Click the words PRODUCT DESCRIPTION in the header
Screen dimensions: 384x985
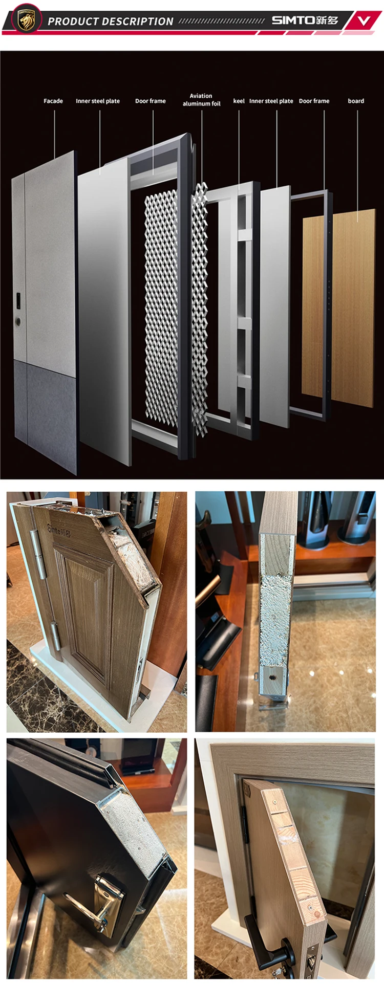point(111,21)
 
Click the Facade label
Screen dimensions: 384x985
point(53,101)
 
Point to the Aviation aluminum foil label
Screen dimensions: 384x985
point(202,100)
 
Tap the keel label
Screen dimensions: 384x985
point(239,101)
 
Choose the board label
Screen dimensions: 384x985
point(356,101)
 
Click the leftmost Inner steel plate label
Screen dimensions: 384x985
point(98,101)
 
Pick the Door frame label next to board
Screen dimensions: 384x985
point(314,101)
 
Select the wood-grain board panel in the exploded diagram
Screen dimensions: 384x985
point(339,307)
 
